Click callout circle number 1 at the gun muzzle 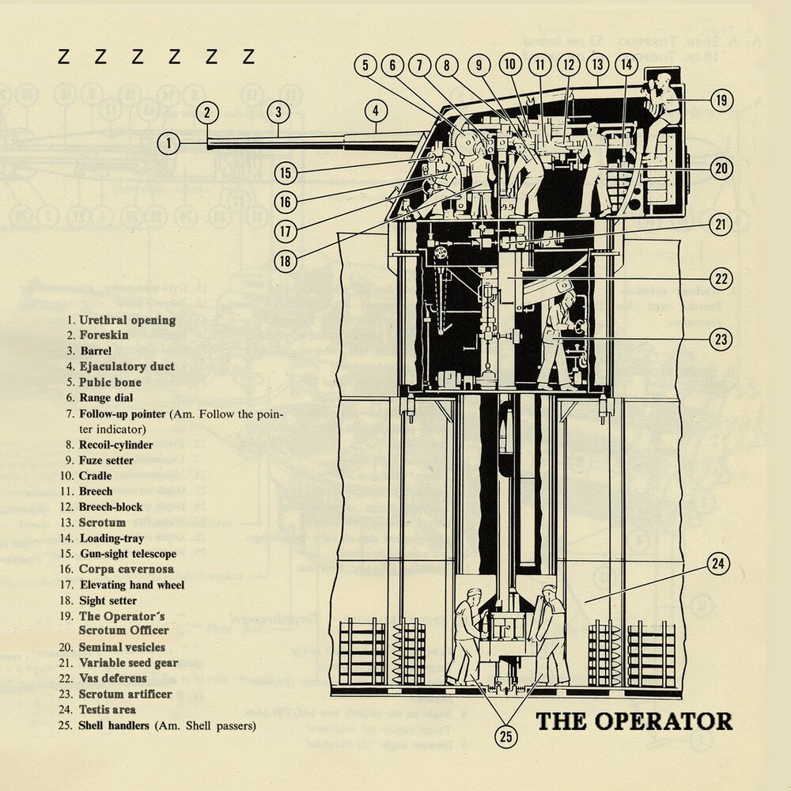[168, 144]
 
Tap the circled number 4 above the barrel [376, 112]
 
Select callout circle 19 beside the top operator [721, 100]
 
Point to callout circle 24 [717, 564]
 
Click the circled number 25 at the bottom [506, 737]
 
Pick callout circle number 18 [286, 259]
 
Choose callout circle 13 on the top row [597, 66]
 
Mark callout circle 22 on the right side [721, 278]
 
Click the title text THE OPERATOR [634, 721]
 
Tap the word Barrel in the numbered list [95, 351]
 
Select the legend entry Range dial [106, 398]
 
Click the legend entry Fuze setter [106, 460]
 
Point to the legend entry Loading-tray [112, 539]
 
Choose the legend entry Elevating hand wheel [132, 585]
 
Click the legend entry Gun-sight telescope [127, 554]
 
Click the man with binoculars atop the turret [660, 111]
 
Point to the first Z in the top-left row [66, 57]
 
